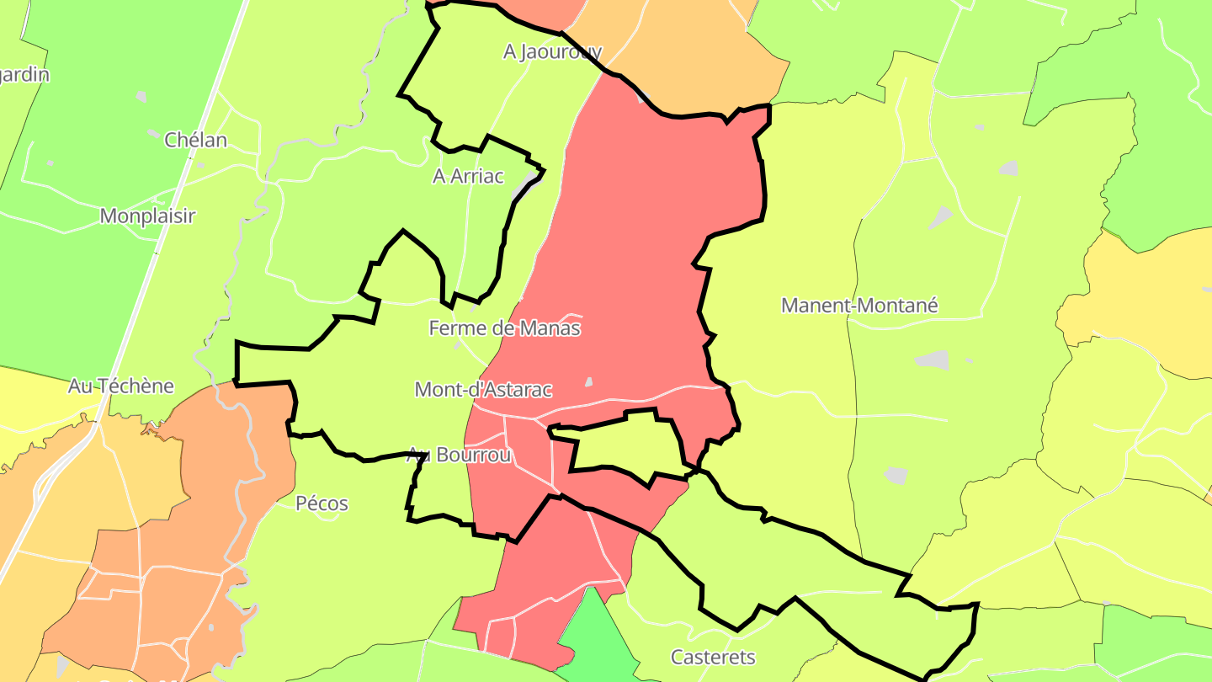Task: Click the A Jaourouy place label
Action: (552, 51)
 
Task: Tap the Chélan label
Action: (195, 140)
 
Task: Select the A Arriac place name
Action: (468, 176)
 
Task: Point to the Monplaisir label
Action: (147, 216)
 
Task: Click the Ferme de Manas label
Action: (504, 328)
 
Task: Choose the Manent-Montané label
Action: (858, 305)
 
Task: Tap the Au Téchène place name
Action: (120, 386)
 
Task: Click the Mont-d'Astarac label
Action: (483, 389)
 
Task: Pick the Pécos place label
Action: (322, 504)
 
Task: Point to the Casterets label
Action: (713, 657)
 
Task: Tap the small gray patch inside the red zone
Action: (589, 382)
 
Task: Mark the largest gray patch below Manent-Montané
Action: (932, 360)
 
